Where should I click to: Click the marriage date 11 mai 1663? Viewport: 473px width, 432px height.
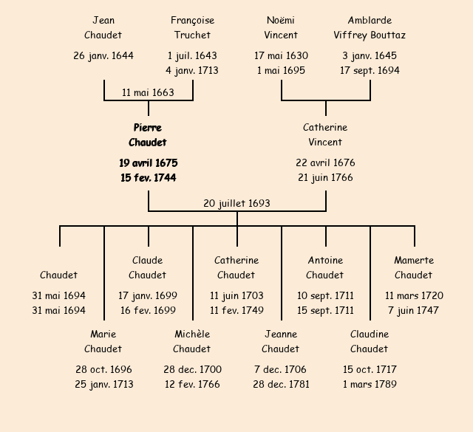click(x=148, y=92)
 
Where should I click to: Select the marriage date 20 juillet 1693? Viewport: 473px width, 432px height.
click(x=236, y=203)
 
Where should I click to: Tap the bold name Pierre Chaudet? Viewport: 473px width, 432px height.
click(x=148, y=135)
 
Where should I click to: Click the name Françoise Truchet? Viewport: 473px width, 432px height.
click(x=192, y=27)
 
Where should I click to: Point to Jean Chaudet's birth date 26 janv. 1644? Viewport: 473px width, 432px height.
click(x=103, y=55)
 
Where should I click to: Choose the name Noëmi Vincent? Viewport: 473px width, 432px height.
click(x=281, y=27)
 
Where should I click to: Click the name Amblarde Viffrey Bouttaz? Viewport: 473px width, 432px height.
click(x=370, y=27)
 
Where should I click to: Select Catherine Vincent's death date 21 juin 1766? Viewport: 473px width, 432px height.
click(x=325, y=177)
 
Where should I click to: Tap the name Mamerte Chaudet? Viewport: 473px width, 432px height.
click(x=414, y=267)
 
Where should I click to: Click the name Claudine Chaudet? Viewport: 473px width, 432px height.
click(x=370, y=341)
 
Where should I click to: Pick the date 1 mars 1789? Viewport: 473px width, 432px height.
click(x=370, y=384)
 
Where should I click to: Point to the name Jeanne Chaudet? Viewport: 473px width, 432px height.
click(x=281, y=341)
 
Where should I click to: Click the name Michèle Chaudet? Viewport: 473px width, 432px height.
click(x=192, y=341)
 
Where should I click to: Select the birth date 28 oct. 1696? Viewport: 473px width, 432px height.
click(x=103, y=369)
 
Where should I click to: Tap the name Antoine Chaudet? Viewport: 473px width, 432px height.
click(x=325, y=267)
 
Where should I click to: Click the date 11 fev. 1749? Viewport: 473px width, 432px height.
click(x=236, y=310)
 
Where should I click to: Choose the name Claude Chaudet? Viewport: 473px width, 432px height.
click(x=148, y=267)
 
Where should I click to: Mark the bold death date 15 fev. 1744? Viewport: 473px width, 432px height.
click(x=148, y=177)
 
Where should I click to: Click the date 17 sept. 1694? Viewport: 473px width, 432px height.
click(x=370, y=70)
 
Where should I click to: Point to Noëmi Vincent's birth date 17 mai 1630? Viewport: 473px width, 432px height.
click(x=281, y=55)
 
